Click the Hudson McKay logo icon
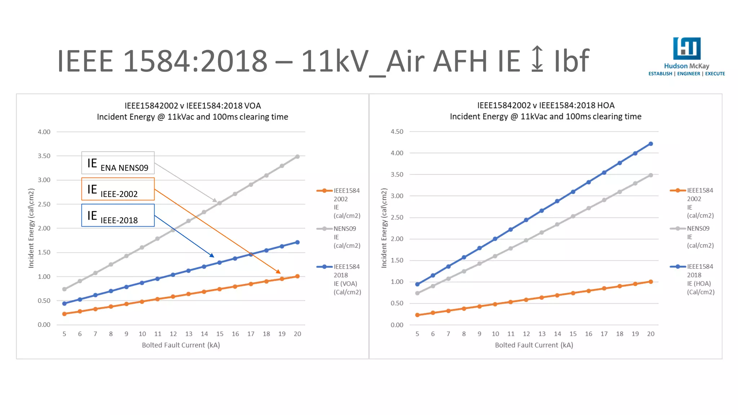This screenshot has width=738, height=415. tap(687, 48)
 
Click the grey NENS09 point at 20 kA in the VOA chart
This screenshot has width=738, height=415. tap(297, 157)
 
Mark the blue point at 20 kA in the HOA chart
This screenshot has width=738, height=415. tap(651, 144)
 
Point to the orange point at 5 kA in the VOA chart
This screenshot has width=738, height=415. tap(65, 314)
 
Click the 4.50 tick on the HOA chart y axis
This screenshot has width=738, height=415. tap(397, 131)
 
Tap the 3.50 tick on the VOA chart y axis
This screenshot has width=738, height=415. tap(44, 156)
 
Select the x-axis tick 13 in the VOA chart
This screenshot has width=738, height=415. tap(189, 334)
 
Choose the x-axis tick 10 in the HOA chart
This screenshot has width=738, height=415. tap(495, 334)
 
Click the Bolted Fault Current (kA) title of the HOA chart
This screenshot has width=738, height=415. tap(534, 345)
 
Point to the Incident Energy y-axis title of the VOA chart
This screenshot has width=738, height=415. tap(31, 228)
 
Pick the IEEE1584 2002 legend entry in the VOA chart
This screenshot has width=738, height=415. tap(339, 203)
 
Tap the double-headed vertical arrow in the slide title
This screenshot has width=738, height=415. tap(537, 58)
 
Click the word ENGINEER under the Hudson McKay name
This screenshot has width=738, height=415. tap(689, 74)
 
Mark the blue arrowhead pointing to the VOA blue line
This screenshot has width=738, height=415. tap(212, 255)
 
